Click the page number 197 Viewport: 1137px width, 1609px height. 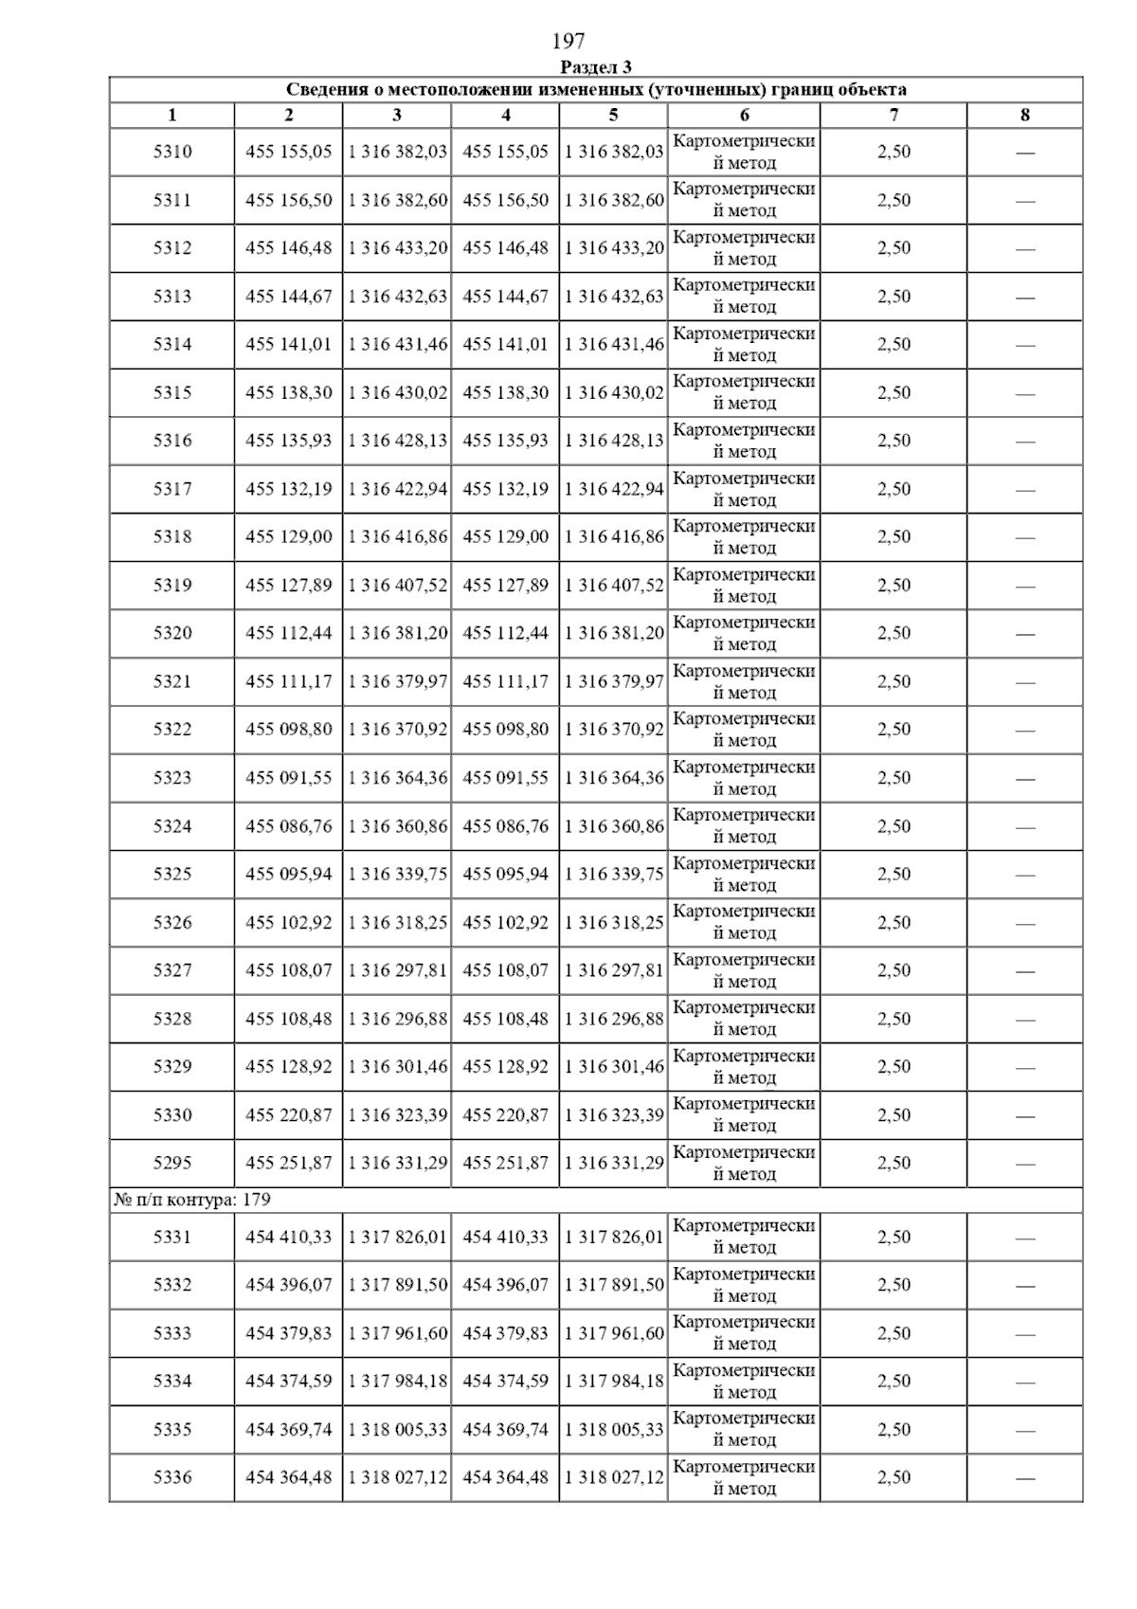[x=568, y=41]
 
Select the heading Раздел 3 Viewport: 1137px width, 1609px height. [x=596, y=67]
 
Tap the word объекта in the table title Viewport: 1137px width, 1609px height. [x=870, y=90]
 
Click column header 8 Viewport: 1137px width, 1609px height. [x=1024, y=116]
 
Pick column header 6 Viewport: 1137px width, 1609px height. [x=744, y=116]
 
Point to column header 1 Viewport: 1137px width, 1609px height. [x=171, y=116]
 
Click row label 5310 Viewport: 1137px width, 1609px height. [x=171, y=152]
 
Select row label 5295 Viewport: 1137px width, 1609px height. [x=171, y=1163]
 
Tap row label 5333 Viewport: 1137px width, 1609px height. [x=171, y=1333]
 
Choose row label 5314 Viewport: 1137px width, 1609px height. [x=171, y=344]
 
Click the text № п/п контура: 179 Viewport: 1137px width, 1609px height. [x=192, y=1200]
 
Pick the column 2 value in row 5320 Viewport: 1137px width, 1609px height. [x=288, y=633]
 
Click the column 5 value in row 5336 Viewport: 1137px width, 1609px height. [x=614, y=1477]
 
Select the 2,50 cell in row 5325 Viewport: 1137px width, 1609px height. [x=893, y=874]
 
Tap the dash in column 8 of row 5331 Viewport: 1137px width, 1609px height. [x=1024, y=1238]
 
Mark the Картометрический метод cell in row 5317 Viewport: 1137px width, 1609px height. [x=744, y=489]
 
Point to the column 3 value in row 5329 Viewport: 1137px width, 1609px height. [x=397, y=1067]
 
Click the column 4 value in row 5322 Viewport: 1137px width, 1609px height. [x=505, y=730]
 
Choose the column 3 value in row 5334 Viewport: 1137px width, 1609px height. [x=397, y=1382]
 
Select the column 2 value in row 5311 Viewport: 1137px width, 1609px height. [x=288, y=200]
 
